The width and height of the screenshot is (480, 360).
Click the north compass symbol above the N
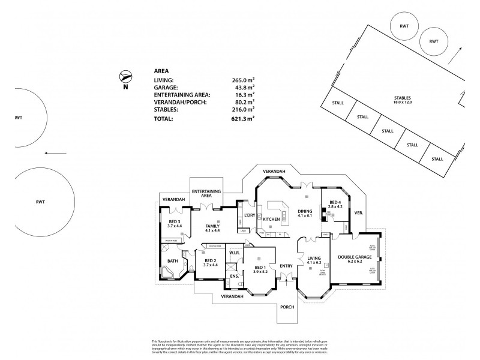pos(126,76)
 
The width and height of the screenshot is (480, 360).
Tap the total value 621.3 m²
pos(243,119)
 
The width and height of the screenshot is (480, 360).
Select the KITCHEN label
pos(272,220)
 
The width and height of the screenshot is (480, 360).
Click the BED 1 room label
pos(259,268)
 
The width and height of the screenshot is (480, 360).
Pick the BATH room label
pos(173,261)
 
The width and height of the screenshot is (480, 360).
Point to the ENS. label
pos(234,276)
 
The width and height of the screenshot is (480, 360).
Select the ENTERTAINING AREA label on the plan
pos(206,193)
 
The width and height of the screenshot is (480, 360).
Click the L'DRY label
pos(249,215)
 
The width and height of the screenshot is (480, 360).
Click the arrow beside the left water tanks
pos(56,153)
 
